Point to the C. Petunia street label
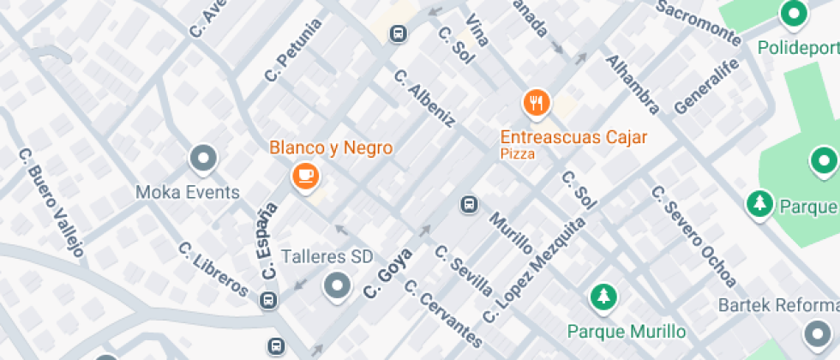pyautogui.click(x=293, y=51)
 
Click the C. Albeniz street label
pyautogui.click(x=423, y=99)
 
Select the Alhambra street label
pyautogui.click(x=633, y=84)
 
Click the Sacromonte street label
pyautogui.click(x=698, y=22)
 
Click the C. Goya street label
pyautogui.click(x=387, y=273)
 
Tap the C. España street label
pyautogui.click(x=268, y=241)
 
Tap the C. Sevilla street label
pyautogui.click(x=464, y=270)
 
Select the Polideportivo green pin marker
pyautogui.click(x=794, y=13)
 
